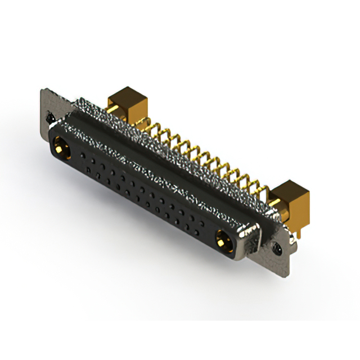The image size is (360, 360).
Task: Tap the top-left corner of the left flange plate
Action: (43, 89)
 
